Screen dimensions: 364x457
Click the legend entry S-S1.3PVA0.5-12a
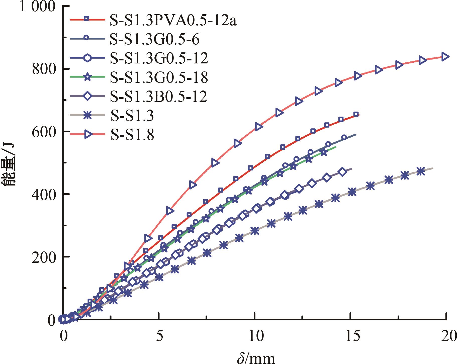[x=173, y=21]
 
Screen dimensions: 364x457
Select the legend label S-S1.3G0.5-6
[x=154, y=40]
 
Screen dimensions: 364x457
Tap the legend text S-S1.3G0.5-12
[x=159, y=58]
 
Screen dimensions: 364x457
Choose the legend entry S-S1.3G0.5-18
[x=159, y=77]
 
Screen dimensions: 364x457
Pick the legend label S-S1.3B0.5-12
[x=159, y=96]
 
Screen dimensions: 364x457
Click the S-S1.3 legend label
[x=132, y=116]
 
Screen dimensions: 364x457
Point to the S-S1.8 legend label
[x=132, y=135]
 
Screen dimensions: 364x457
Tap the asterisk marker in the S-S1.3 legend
[x=86, y=116]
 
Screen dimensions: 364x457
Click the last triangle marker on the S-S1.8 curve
[x=445, y=57]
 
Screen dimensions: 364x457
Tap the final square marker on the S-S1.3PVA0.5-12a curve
[x=356, y=114]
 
